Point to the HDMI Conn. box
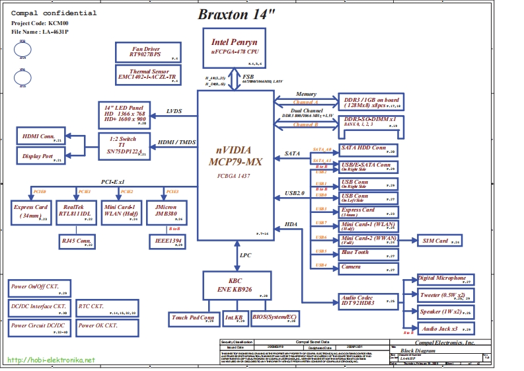click(x=40, y=137)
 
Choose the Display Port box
click(x=40, y=156)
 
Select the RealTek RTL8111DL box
click(x=75, y=210)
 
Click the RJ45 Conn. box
click(x=76, y=241)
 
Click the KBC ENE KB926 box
click(x=236, y=285)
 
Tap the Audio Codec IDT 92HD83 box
click(x=368, y=302)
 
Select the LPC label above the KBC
click(x=246, y=255)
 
